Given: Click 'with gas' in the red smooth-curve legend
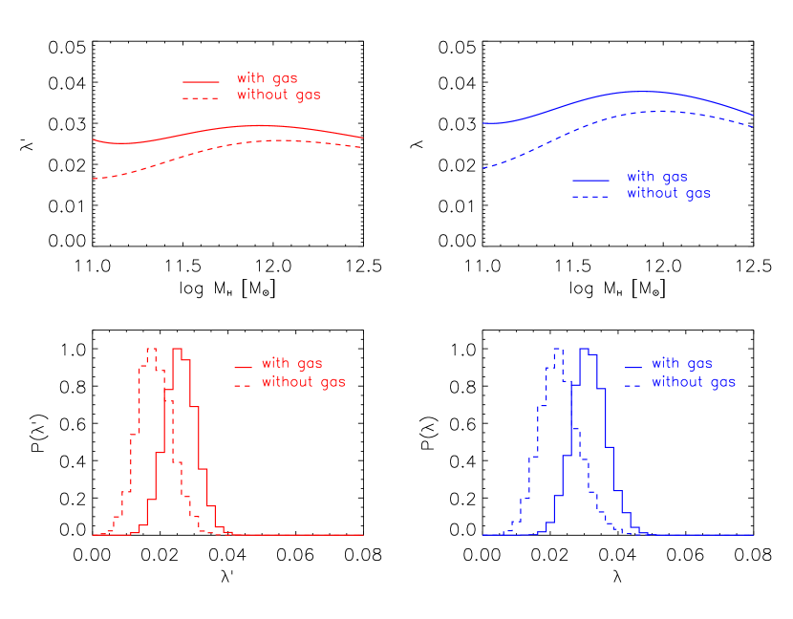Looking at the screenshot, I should pyautogui.click(x=267, y=79).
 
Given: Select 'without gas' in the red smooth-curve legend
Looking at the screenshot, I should pyautogui.click(x=278, y=96).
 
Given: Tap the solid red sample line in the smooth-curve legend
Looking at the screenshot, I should pyautogui.click(x=201, y=82).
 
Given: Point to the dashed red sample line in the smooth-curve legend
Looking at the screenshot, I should pyautogui.click(x=201, y=98).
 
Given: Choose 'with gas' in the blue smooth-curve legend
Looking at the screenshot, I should pyautogui.click(x=656, y=178).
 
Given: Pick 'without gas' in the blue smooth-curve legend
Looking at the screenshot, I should pyautogui.click(x=668, y=194).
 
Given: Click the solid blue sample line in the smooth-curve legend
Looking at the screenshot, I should pyautogui.click(x=590, y=180).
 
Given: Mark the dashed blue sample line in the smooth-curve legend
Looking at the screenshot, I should pyautogui.click(x=590, y=197).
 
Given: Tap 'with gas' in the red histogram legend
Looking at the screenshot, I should pyautogui.click(x=291, y=364).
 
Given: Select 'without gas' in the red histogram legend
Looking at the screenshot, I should pyautogui.click(x=303, y=382).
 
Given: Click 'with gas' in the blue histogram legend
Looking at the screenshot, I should pyautogui.click(x=681, y=364).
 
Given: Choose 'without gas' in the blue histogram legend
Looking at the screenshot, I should pyautogui.click(x=693, y=382).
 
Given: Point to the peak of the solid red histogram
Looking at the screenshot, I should pyautogui.click(x=177, y=349).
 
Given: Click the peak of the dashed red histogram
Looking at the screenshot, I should pyautogui.click(x=150, y=349).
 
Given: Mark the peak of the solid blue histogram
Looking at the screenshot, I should pyautogui.click(x=585, y=349).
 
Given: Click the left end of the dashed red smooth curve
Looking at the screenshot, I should pyautogui.click(x=94, y=179).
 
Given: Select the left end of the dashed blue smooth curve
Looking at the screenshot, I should pyautogui.click(x=483, y=168).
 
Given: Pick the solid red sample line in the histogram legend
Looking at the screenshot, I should pyautogui.click(x=243, y=367).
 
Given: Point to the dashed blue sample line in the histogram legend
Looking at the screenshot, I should pyautogui.click(x=632, y=385).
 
